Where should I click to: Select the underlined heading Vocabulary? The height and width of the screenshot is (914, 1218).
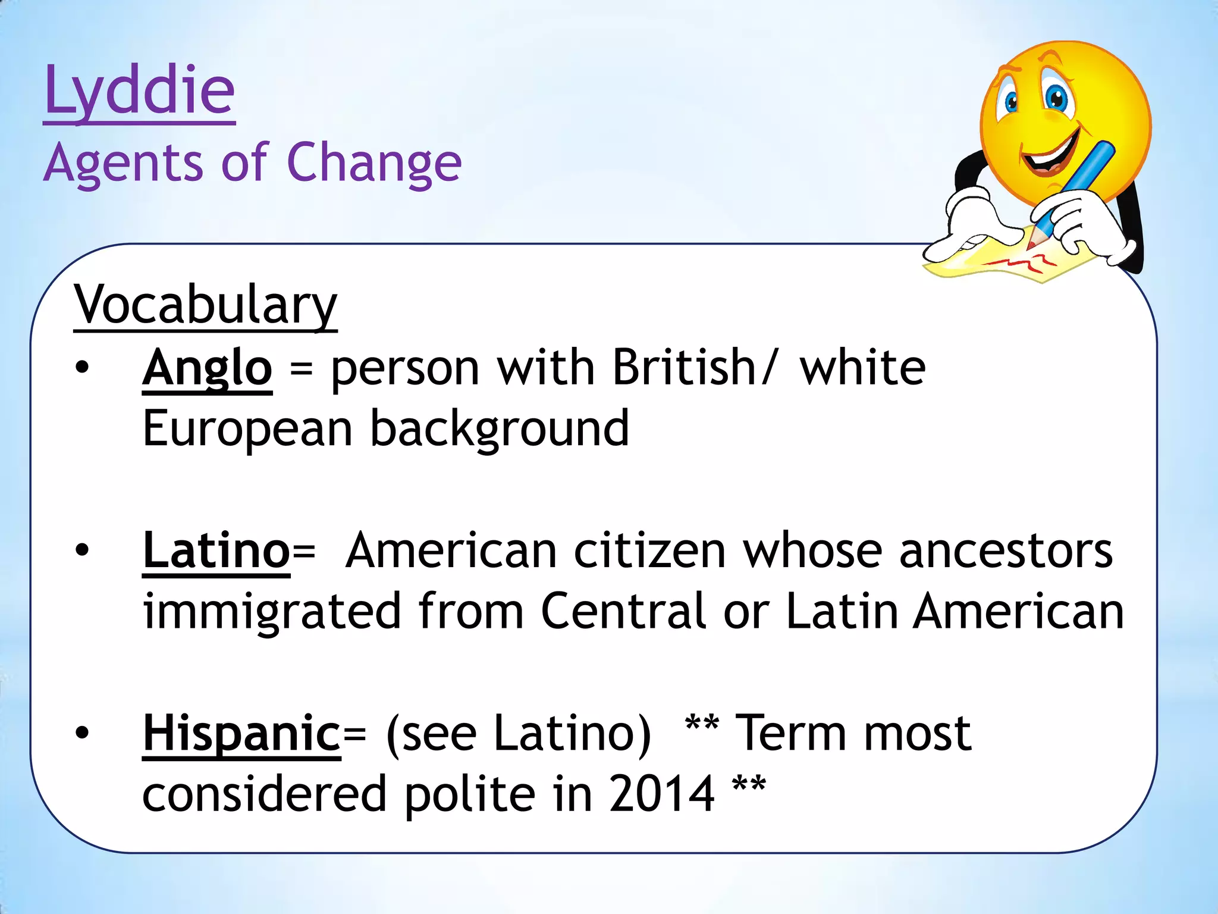coord(205,305)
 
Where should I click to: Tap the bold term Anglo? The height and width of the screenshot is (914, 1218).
coord(207,368)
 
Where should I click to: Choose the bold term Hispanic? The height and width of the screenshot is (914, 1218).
coord(241,734)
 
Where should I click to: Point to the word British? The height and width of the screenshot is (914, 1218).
coord(684,367)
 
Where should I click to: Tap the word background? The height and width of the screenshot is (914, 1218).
coord(500,428)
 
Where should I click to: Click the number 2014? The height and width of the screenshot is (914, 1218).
coord(661,794)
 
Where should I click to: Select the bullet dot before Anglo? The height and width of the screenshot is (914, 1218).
coord(82,368)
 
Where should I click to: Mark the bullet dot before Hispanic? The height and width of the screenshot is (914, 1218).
coord(82,734)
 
